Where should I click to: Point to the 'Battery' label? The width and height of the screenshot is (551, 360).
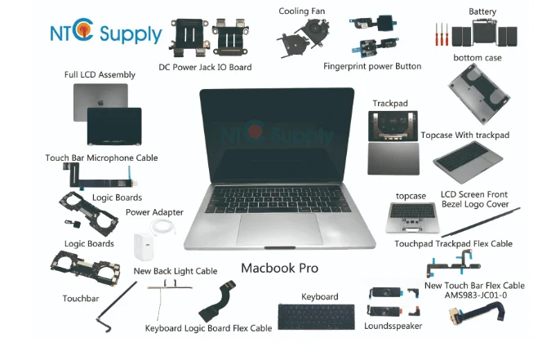point(482,11)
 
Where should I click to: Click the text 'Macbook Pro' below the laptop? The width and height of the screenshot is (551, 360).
point(279,268)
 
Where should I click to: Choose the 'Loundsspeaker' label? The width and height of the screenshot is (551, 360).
point(393,327)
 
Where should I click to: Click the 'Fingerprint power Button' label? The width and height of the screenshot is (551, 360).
point(371,65)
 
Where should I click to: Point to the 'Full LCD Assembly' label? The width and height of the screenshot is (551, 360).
point(100,75)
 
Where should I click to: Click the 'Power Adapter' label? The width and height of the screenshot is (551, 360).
point(154,212)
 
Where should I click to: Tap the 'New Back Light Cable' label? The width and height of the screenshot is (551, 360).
point(175,271)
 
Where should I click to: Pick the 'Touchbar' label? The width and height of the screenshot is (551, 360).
point(81,299)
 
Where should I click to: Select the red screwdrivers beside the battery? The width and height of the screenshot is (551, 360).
point(443,33)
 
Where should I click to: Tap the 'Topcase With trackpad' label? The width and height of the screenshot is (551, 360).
point(465,135)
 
